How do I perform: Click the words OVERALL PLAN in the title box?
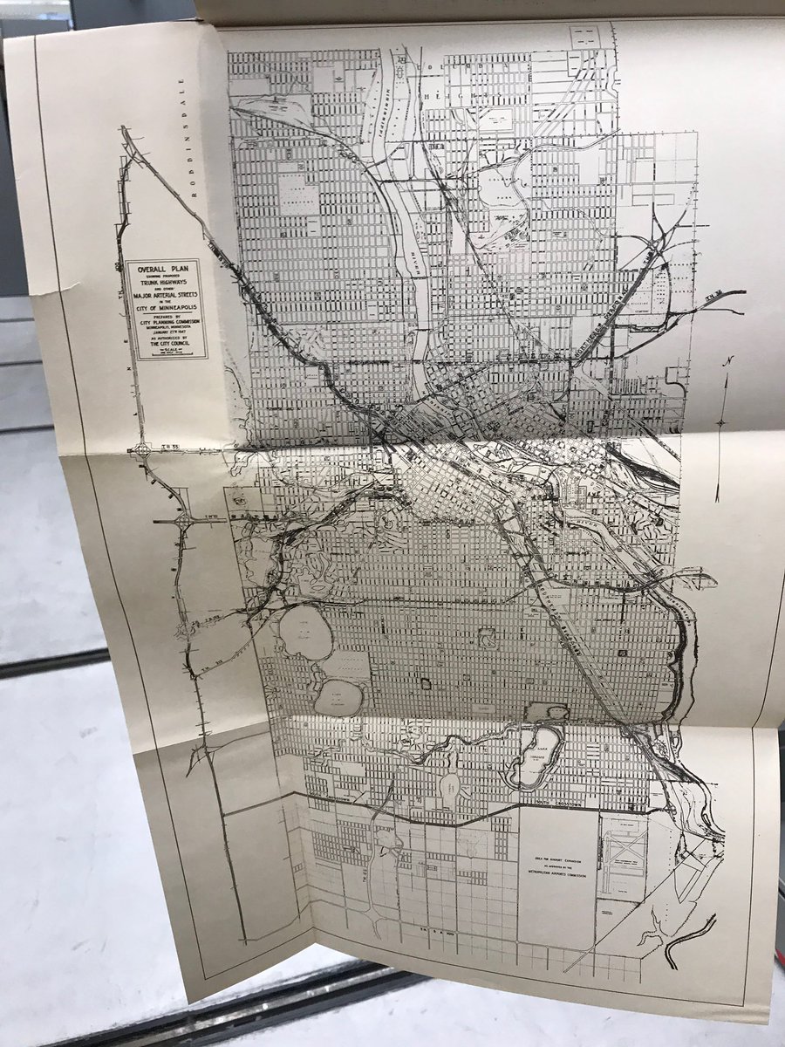166,270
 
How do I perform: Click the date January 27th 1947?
166,330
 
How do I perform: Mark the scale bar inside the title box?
166,352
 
